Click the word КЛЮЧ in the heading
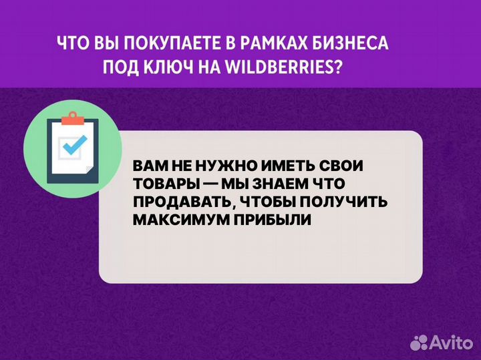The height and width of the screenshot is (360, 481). pyautogui.click(x=176, y=67)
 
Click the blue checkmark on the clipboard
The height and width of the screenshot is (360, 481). pyautogui.click(x=73, y=144)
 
